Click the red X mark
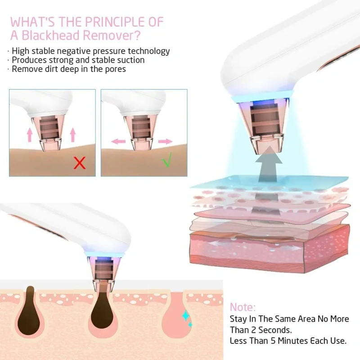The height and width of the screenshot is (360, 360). (80, 163)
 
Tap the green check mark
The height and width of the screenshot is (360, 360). (167, 160)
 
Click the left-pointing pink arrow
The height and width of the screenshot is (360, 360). (118, 141)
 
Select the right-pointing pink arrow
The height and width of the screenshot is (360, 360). (165, 141)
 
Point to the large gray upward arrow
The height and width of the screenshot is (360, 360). (269, 163)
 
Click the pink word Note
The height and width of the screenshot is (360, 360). (243, 307)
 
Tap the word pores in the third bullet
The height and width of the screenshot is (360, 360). (115, 69)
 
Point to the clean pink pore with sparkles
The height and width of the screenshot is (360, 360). (176, 316)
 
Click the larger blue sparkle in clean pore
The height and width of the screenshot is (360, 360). (186, 316)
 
